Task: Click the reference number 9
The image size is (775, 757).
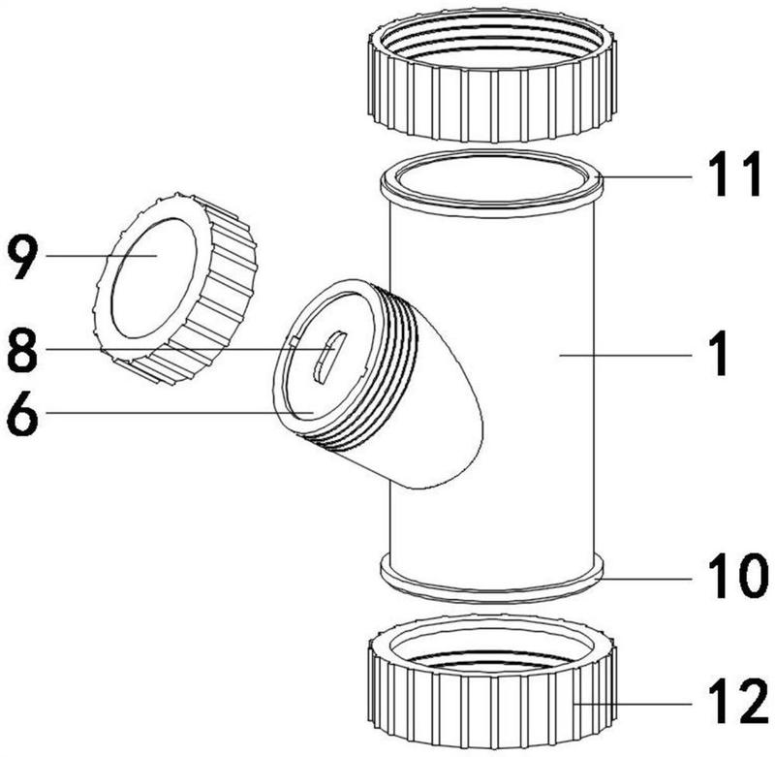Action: pyautogui.click(x=26, y=258)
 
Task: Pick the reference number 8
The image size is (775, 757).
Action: pyautogui.click(x=26, y=351)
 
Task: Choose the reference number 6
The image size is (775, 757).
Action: pyautogui.click(x=26, y=415)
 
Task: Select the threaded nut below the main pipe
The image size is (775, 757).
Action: pyautogui.click(x=492, y=686)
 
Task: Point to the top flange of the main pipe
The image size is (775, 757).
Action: pyautogui.click(x=492, y=184)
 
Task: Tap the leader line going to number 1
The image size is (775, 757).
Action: pyautogui.click(x=630, y=355)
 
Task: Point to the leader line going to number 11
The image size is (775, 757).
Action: pyautogui.click(x=649, y=177)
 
